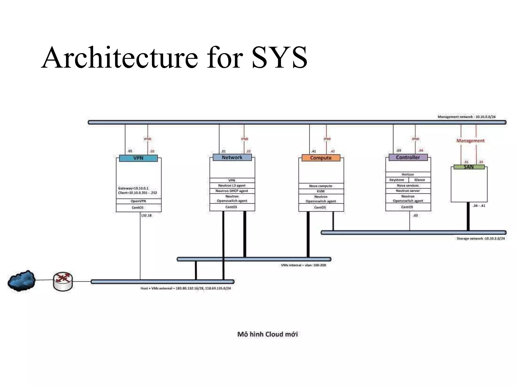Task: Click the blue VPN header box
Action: (138, 158)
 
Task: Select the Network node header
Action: (232, 157)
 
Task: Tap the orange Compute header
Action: (321, 158)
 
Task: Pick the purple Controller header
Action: (408, 157)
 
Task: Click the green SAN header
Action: (469, 167)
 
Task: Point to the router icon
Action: (63, 281)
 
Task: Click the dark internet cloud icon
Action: (21, 281)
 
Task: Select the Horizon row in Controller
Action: (408, 174)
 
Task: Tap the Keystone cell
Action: (397, 180)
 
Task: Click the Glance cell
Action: (420, 180)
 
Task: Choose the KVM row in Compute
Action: (321, 191)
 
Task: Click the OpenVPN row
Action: (138, 201)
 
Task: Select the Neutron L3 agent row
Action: (232, 185)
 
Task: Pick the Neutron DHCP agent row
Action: (232, 191)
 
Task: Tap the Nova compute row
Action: (321, 186)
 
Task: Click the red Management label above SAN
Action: (470, 141)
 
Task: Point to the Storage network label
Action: (480, 238)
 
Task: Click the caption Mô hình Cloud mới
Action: (267, 334)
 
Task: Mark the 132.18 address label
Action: (146, 215)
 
